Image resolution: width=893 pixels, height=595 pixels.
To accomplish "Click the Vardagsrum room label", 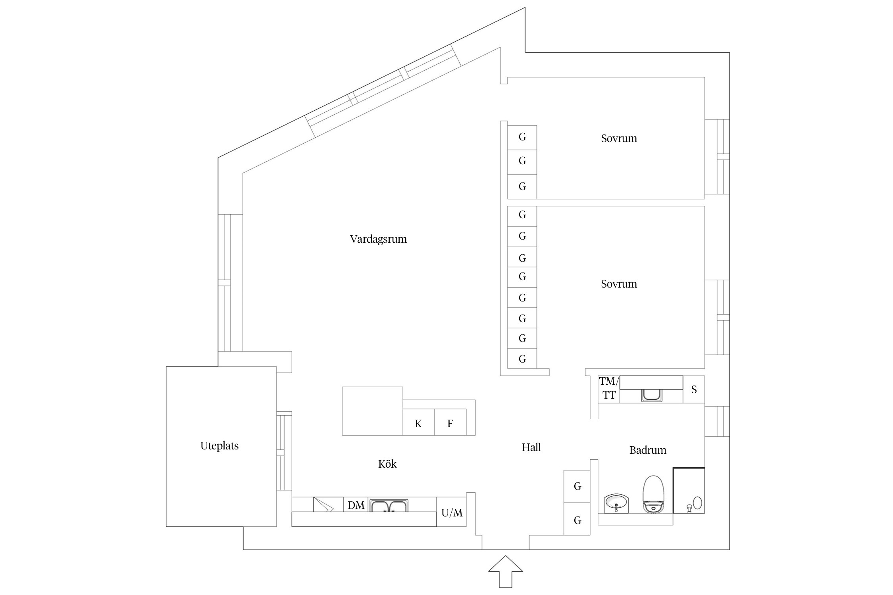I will pos(378,239).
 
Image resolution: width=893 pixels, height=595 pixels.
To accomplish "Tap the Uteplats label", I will pos(219,446).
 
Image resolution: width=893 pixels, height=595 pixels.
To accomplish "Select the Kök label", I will pos(387,464).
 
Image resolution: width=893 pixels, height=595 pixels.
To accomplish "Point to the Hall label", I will pos(531,447).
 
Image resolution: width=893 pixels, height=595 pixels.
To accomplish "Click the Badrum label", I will pos(648,450).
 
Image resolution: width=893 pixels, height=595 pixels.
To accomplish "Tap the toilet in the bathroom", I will pos(653,494).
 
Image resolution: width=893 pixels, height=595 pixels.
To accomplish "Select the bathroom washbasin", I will pos(616,503).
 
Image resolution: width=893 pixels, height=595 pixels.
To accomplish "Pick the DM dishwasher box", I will pos(356,505).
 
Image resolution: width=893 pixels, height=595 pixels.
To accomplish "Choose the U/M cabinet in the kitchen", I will pos(452,512).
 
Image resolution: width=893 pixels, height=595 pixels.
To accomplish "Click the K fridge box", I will pos(418,424).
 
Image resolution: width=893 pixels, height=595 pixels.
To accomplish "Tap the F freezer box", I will pos(450,424).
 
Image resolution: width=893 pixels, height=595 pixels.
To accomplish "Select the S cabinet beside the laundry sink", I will pos(694,390).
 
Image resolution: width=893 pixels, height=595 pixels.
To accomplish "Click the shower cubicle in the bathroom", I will pos(689,491).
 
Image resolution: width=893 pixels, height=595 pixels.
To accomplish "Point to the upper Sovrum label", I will pos(619,138).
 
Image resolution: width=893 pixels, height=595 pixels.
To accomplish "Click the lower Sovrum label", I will pos(619,284).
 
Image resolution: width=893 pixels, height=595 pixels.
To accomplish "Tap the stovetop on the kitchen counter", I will pos(328,504).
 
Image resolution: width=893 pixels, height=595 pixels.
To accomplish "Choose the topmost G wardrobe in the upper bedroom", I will pos(522,137).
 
